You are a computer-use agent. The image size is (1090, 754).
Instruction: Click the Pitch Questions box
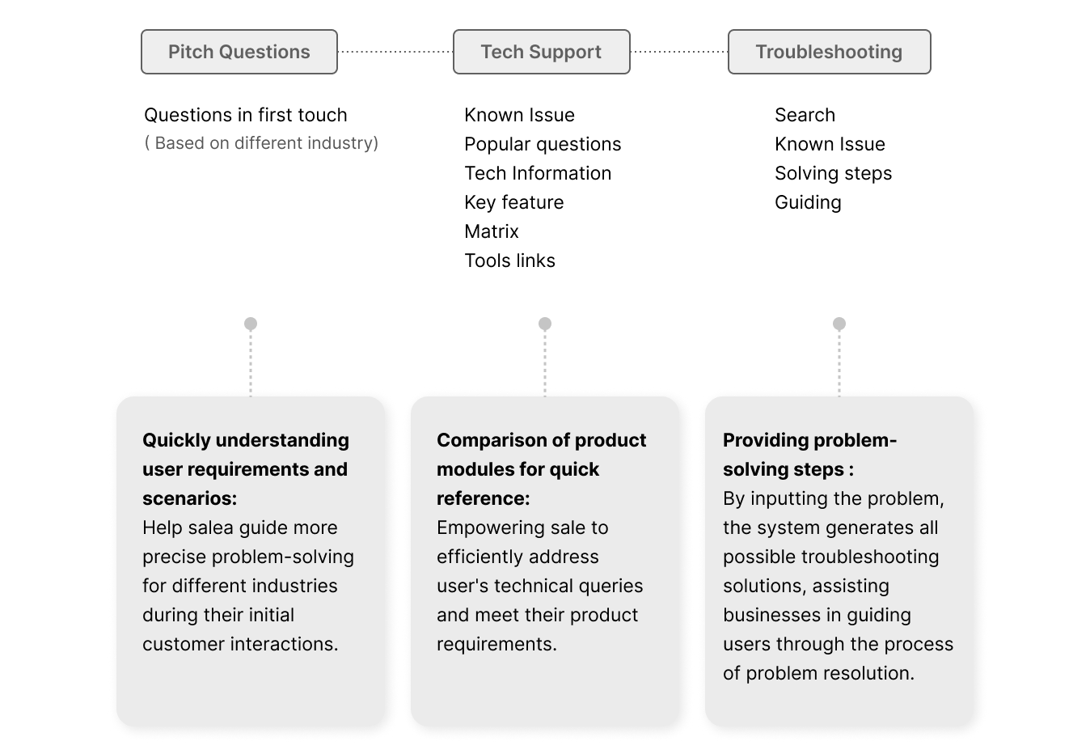click(239, 52)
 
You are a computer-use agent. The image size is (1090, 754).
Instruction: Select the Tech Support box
click(541, 52)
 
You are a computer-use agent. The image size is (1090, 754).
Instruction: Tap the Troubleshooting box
click(829, 52)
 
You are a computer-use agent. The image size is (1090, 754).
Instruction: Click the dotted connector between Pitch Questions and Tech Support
click(395, 52)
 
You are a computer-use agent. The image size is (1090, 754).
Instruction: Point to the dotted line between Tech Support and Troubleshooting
click(678, 52)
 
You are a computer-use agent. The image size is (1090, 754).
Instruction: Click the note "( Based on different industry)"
click(261, 143)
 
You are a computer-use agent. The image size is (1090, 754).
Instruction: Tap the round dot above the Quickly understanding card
click(251, 324)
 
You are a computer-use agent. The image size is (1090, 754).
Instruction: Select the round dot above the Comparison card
click(545, 324)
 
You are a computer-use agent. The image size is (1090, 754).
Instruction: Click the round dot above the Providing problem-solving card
click(839, 324)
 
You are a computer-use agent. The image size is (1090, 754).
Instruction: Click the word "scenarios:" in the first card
click(189, 498)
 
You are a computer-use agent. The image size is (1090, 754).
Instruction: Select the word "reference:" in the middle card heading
click(483, 498)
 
